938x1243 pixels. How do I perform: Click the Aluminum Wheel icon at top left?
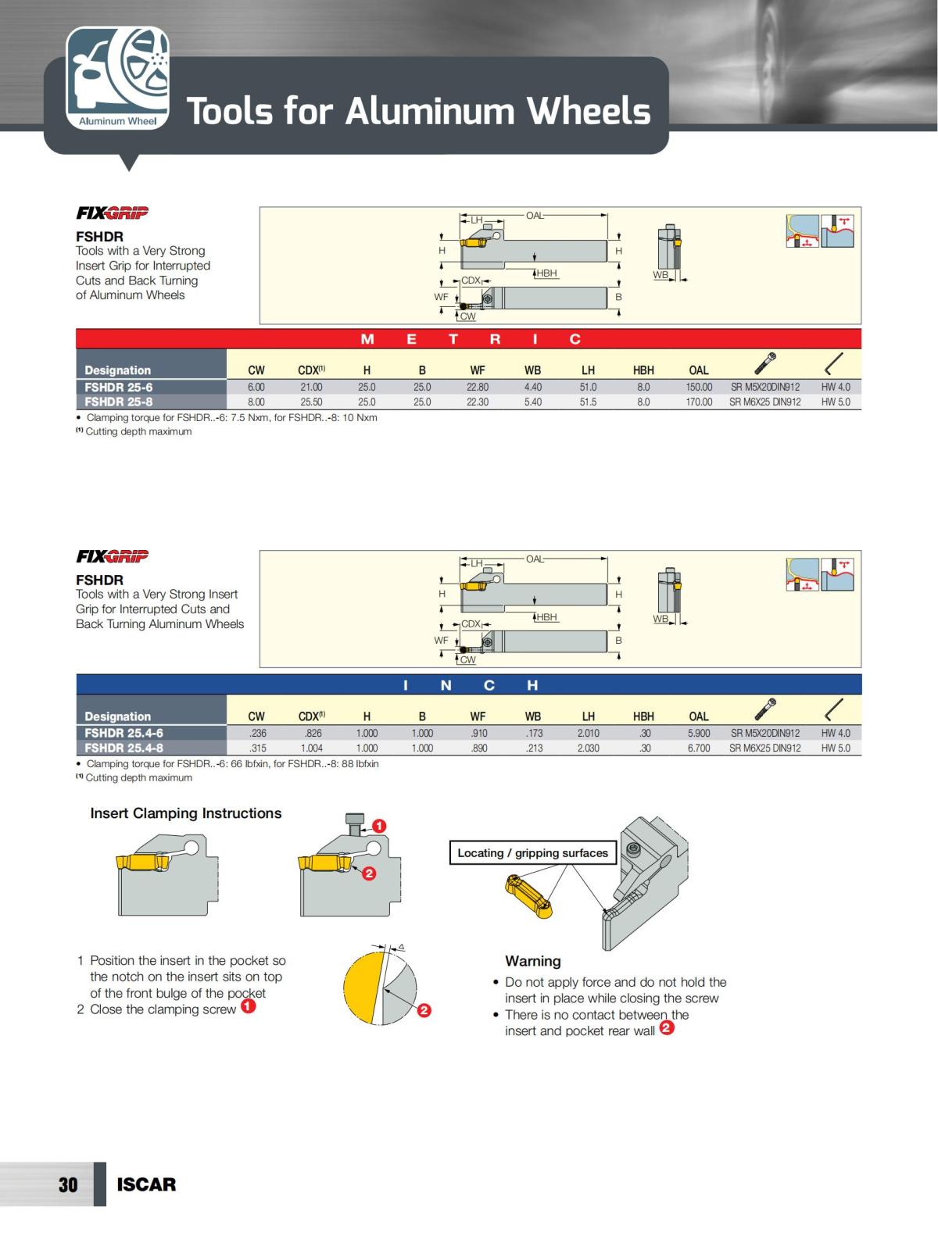pos(117,78)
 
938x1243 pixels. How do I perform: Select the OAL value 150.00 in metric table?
pos(699,387)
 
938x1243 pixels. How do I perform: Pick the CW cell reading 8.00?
pos(256,402)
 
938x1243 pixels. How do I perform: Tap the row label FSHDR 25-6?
pos(119,387)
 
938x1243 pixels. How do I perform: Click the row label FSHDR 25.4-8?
pos(124,748)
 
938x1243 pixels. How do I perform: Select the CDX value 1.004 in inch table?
pos(312,748)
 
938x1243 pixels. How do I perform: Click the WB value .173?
pos(534,733)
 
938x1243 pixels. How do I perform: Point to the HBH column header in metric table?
pos(643,370)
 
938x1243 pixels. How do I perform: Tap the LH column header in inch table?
pos(588,716)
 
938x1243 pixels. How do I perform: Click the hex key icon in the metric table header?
pos(834,364)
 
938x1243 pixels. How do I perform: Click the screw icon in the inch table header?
pos(765,709)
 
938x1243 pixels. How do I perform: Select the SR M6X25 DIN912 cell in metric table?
pos(764,402)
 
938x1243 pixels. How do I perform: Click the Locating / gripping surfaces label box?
pos(532,853)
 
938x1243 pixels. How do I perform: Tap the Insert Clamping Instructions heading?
pos(186,813)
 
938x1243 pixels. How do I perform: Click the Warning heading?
pos(532,961)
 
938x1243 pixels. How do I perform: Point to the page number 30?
pos(68,1184)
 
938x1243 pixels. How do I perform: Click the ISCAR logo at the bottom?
pos(146,1184)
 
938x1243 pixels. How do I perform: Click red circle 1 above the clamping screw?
pos(378,826)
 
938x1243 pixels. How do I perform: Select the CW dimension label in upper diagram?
pos(467,316)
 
